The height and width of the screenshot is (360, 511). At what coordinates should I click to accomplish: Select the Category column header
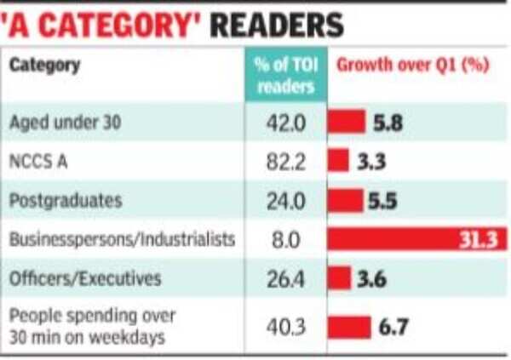click(45, 66)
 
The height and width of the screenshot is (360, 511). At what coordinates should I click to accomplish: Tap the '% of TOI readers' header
click(285, 77)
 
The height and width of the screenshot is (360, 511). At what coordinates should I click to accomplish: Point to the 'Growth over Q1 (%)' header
click(414, 66)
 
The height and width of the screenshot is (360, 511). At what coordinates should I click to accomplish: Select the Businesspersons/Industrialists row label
click(122, 240)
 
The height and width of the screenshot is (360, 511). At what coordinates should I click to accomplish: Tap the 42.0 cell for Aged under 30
click(285, 122)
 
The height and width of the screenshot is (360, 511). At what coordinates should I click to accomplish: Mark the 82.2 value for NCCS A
click(285, 161)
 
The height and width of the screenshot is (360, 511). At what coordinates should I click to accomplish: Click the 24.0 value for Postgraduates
click(285, 201)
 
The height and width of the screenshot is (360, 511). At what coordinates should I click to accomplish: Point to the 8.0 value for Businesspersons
click(285, 240)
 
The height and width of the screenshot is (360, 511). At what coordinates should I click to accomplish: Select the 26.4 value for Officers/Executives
click(285, 279)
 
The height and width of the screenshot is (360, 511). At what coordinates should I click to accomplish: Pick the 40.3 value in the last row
click(285, 327)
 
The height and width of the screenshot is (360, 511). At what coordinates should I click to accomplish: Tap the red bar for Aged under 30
click(347, 122)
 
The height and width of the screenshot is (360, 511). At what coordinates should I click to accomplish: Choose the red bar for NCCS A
click(339, 161)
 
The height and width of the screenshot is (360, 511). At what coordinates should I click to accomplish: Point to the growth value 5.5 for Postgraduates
click(382, 201)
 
